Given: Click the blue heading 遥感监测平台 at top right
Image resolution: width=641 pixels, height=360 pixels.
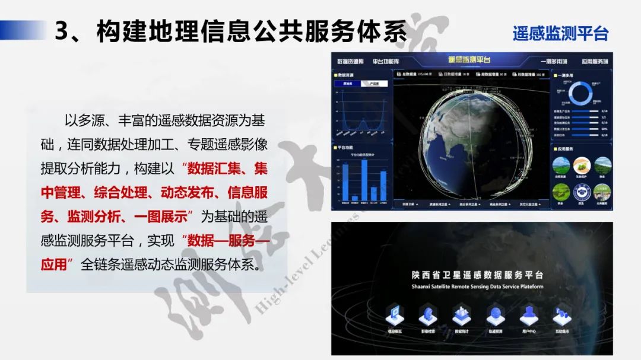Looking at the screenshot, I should pyautogui.click(x=560, y=33).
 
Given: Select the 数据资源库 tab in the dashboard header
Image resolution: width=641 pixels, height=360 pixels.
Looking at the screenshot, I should pyautogui.click(x=350, y=62).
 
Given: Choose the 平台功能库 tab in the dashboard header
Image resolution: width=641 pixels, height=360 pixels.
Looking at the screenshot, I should pyautogui.click(x=386, y=62).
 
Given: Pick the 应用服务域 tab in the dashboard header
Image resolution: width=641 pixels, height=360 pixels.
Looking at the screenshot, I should pyautogui.click(x=595, y=62).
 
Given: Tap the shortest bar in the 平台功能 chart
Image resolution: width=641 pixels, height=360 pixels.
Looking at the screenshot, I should pyautogui.click(x=354, y=198).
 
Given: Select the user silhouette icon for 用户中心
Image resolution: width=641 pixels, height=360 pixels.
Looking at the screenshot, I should pyautogui.click(x=528, y=314).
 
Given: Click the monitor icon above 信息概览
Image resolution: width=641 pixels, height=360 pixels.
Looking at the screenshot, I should pyautogui.click(x=395, y=314).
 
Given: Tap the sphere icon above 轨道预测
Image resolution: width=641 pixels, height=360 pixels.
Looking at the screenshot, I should pyautogui.click(x=495, y=314).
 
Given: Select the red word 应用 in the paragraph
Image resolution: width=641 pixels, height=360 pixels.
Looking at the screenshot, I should pyautogui.click(x=53, y=264).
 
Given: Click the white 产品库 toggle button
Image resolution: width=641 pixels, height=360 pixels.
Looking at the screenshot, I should pyautogui.click(x=375, y=84).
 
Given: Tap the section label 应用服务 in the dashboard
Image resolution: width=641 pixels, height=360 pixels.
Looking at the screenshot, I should pyautogui.click(x=567, y=148).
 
